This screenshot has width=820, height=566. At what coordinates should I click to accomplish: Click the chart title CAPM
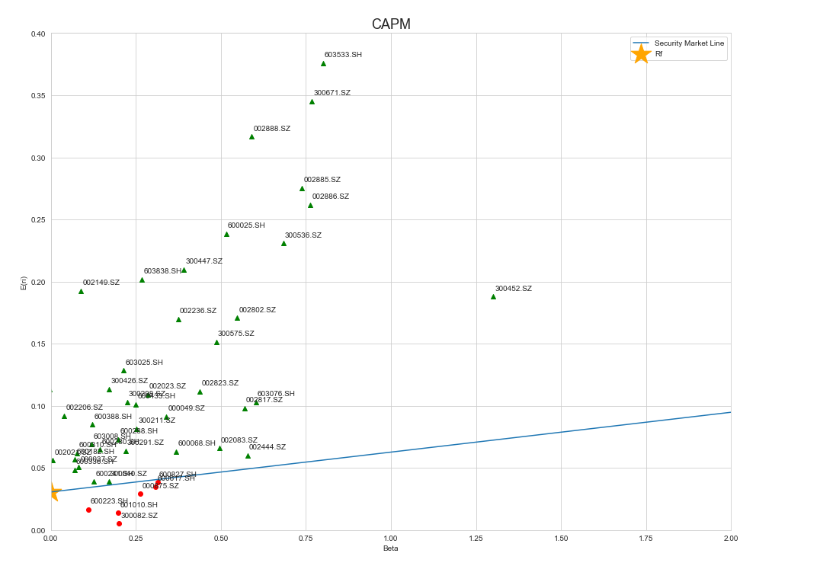click(391, 24)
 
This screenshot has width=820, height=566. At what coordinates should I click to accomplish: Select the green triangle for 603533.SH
click(323, 64)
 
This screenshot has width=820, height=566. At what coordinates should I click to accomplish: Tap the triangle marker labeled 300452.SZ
click(493, 296)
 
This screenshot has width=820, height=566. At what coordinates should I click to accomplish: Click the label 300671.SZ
click(332, 93)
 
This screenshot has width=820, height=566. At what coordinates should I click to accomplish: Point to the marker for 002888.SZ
click(251, 137)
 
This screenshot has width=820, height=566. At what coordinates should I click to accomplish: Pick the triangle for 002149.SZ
click(81, 291)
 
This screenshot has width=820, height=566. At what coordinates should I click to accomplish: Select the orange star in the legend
click(641, 53)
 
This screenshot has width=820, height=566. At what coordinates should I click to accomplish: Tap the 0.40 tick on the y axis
click(37, 34)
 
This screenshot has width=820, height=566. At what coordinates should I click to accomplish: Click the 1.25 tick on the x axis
click(476, 539)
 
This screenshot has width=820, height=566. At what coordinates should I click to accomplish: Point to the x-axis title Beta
click(390, 548)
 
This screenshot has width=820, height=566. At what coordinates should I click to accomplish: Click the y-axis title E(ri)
click(23, 282)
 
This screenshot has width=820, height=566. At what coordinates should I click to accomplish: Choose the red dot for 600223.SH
click(88, 510)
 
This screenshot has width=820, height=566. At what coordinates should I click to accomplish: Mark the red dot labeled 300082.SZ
click(119, 523)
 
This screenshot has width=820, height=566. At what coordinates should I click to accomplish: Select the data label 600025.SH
click(246, 225)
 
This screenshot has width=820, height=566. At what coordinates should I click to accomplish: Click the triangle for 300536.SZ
click(283, 244)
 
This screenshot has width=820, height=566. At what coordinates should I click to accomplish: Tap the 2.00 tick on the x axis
click(731, 539)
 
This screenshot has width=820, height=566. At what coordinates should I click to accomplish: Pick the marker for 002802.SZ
click(237, 318)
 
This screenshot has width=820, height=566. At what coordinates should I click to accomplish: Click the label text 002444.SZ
click(267, 447)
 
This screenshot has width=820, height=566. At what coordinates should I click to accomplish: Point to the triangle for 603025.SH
click(123, 371)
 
